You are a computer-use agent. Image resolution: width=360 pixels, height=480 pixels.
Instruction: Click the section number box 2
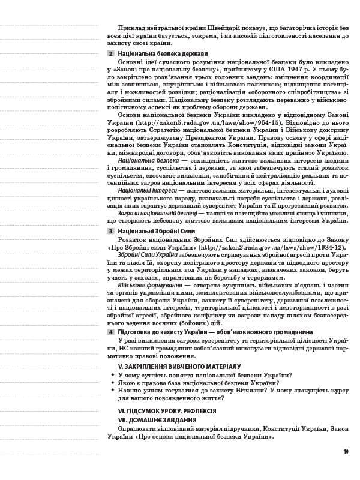pyautogui.click(x=110, y=54)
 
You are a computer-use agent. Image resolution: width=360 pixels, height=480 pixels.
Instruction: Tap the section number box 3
pyautogui.click(x=110, y=230)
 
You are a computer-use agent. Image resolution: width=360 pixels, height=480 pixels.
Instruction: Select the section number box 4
pyautogui.click(x=110, y=332)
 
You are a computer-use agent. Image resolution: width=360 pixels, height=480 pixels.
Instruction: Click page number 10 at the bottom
pyautogui.click(x=346, y=452)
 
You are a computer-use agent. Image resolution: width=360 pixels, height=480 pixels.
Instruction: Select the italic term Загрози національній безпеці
pyautogui.click(x=157, y=213)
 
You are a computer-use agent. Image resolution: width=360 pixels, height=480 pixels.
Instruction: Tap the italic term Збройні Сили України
pyautogui.click(x=143, y=254)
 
